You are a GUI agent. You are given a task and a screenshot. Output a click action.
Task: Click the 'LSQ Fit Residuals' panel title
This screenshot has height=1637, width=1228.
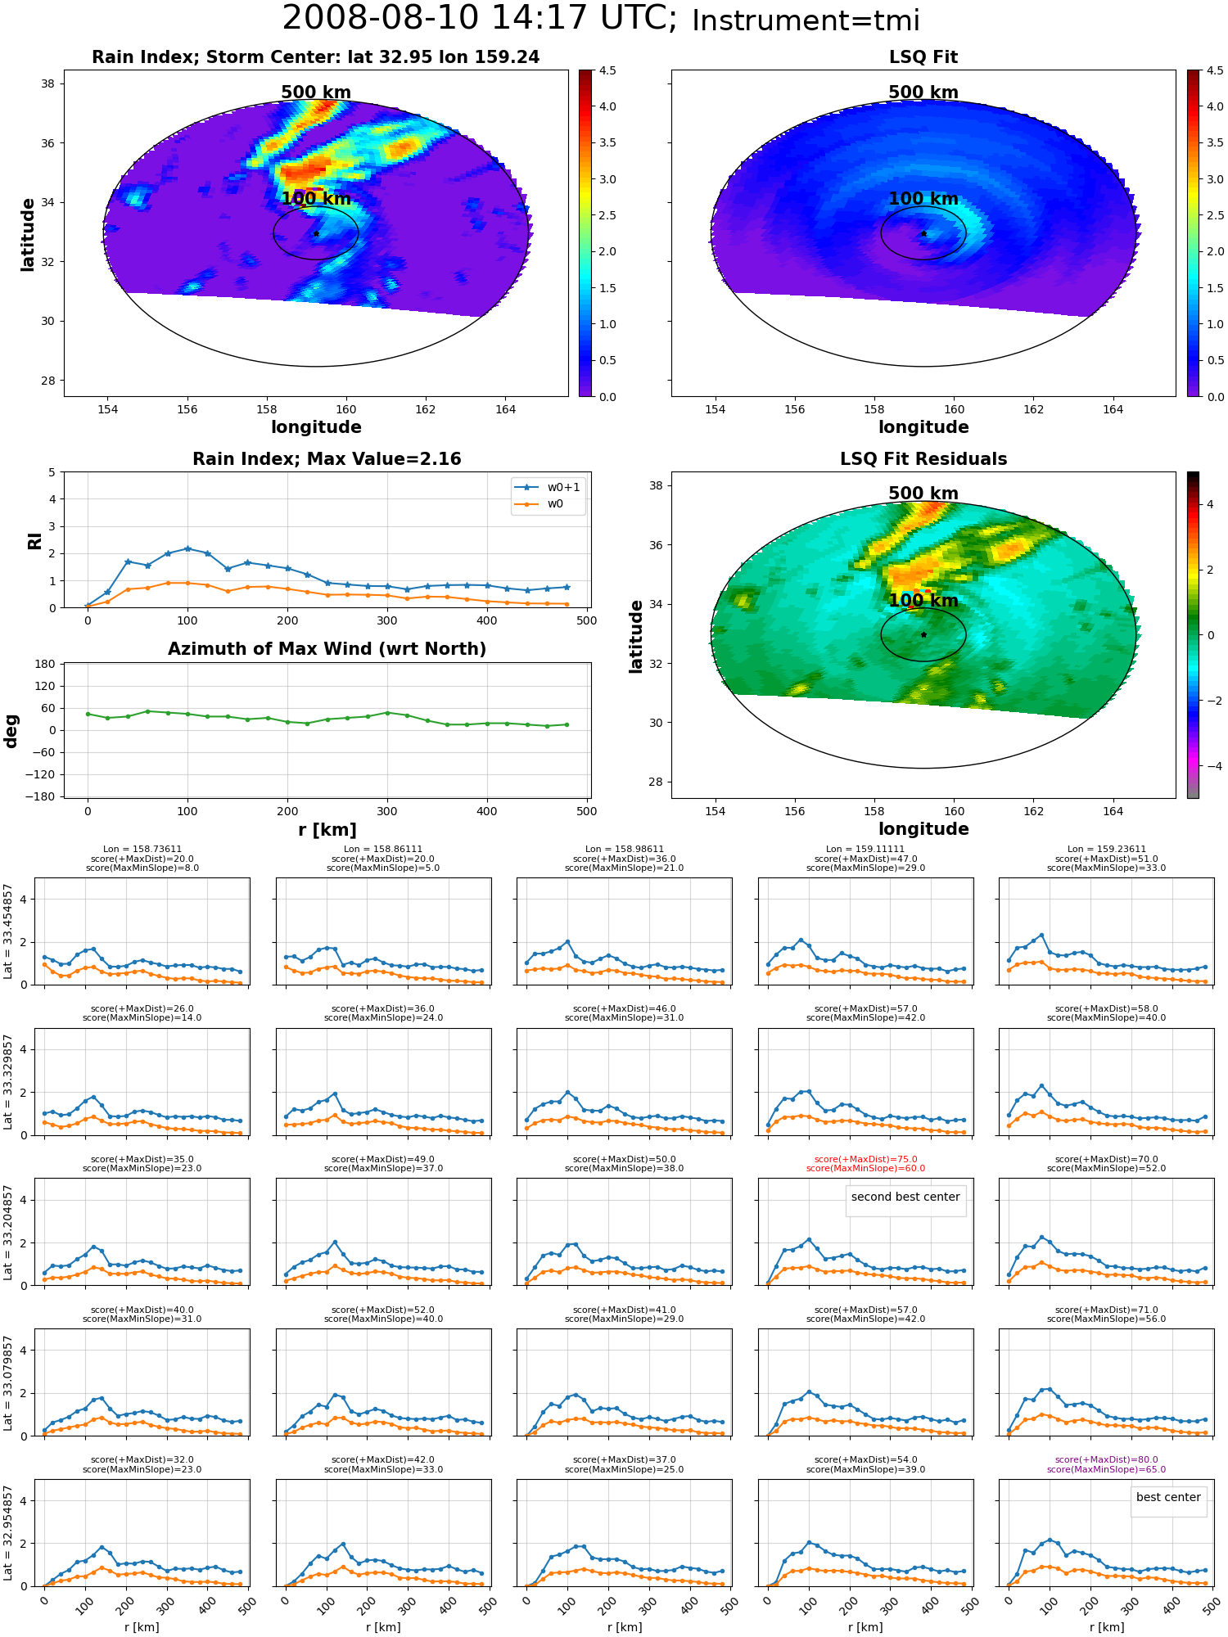coord(923,459)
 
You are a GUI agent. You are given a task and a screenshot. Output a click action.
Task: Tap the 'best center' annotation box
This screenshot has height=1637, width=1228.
coord(1168,1497)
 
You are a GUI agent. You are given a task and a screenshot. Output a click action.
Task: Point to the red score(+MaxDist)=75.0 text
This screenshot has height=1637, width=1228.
coord(865,1159)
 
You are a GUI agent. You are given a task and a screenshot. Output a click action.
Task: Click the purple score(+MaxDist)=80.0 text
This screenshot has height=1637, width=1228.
coord(1106,1459)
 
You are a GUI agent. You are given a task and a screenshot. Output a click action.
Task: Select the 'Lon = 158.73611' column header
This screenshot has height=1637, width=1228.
coord(142,850)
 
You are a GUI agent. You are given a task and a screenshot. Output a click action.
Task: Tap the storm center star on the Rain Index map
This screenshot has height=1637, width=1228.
coord(316,233)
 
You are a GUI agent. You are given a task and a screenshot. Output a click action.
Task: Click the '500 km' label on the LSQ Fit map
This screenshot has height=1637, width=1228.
coord(923,92)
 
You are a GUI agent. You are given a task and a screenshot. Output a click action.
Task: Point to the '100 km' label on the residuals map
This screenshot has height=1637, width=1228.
coord(923,601)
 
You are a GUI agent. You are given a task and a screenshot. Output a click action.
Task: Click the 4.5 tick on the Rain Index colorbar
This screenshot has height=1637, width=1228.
coord(607,71)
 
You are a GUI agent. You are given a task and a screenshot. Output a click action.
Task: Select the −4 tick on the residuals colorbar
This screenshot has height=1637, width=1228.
coord(1211,766)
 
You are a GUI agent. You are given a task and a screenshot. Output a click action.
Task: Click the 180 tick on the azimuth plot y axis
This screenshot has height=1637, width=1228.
coord(45,664)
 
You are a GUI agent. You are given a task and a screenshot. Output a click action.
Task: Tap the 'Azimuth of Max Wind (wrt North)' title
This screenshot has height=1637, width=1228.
coord(327,649)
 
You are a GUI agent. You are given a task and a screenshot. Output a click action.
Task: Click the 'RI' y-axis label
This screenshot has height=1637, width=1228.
coord(34,540)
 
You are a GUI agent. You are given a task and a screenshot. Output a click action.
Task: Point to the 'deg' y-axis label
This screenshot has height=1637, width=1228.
coord(11,731)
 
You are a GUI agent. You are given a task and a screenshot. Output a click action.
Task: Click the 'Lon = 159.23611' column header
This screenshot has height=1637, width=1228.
coord(1106,850)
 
